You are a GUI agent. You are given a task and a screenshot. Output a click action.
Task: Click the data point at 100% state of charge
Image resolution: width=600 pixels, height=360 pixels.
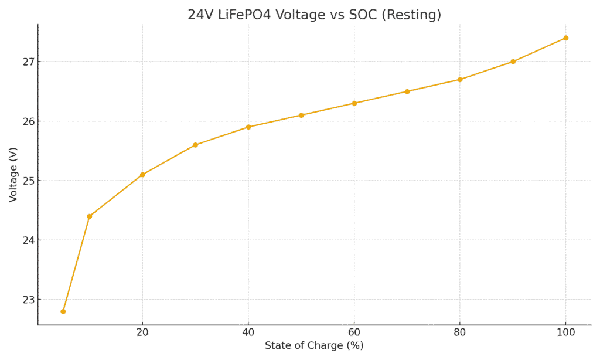point(565,38)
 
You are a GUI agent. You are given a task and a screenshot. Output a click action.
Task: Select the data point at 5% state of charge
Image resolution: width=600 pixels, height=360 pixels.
point(63,311)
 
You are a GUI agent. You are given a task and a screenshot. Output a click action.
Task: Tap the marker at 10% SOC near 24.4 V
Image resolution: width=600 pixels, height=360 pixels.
point(90,216)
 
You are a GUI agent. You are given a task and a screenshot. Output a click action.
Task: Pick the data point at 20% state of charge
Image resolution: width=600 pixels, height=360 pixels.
point(142,175)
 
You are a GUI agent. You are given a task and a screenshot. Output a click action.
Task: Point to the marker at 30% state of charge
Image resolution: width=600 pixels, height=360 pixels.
point(195,145)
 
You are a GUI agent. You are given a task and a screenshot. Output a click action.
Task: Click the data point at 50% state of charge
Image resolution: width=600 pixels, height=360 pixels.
point(301,115)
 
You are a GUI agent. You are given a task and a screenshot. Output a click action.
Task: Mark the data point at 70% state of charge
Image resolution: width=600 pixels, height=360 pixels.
point(407,91)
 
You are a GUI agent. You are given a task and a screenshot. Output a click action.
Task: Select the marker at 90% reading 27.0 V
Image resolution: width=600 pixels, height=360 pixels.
point(513,62)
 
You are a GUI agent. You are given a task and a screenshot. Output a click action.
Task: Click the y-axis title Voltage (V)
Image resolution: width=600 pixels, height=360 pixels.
point(13,175)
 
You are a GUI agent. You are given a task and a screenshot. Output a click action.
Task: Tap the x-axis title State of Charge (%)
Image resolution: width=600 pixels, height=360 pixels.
point(314,346)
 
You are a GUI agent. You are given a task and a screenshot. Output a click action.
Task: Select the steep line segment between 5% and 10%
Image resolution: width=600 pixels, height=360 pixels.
point(76,264)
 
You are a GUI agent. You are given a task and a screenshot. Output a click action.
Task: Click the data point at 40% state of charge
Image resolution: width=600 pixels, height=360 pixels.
point(248,127)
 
